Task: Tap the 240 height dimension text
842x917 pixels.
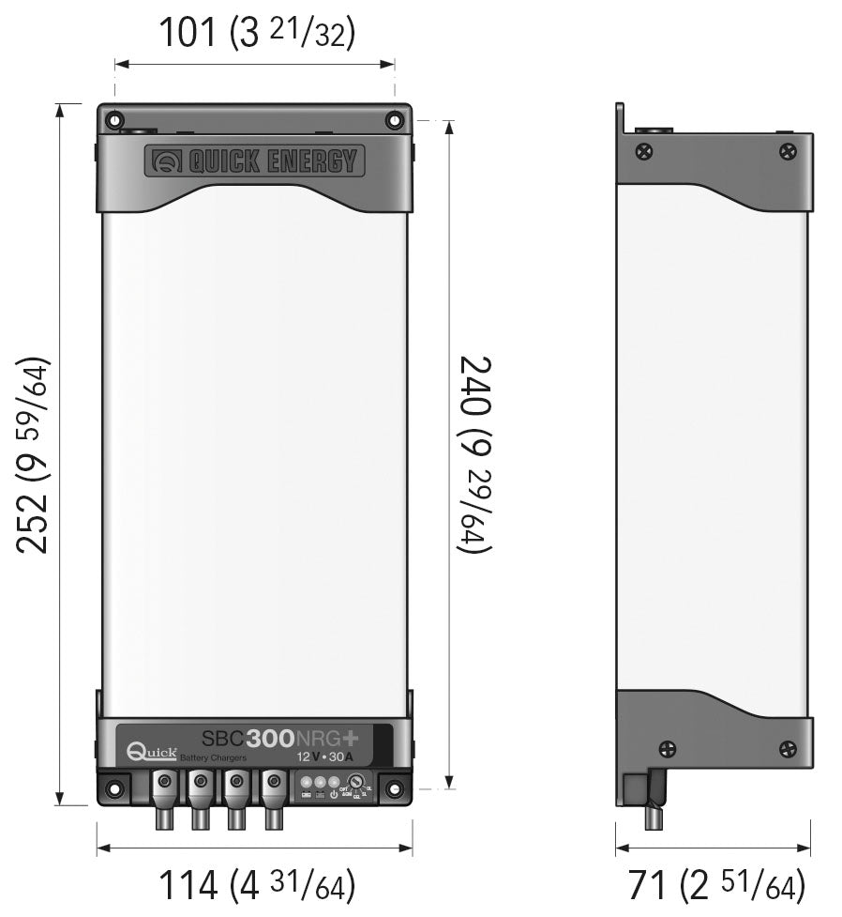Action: point(474,454)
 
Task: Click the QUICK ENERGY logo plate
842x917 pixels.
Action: point(254,160)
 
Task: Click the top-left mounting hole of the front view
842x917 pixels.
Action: point(114,120)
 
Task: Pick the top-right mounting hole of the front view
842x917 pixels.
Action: point(394,120)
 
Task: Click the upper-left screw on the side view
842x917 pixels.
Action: point(644,150)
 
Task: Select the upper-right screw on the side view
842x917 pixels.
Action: point(789,150)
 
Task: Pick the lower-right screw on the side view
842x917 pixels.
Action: point(789,748)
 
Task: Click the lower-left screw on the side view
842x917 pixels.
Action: point(667,748)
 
